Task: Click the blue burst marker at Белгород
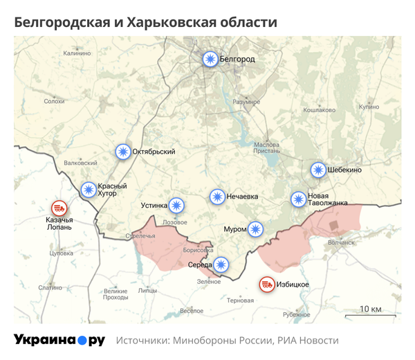tap(210, 60)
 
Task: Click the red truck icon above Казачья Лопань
tap(59, 208)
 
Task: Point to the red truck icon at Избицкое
tap(266, 284)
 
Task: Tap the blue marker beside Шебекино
tap(317, 170)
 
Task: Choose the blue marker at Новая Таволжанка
tap(298, 199)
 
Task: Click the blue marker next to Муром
tap(255, 228)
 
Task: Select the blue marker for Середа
tap(221, 264)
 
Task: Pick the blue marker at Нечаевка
tap(218, 197)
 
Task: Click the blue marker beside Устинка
tap(178, 205)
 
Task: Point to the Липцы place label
tap(147, 290)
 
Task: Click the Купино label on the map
tap(369, 107)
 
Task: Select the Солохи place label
tap(54, 101)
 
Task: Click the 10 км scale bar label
tap(371, 308)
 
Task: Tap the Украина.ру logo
tap(59, 340)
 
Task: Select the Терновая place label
tap(240, 300)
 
